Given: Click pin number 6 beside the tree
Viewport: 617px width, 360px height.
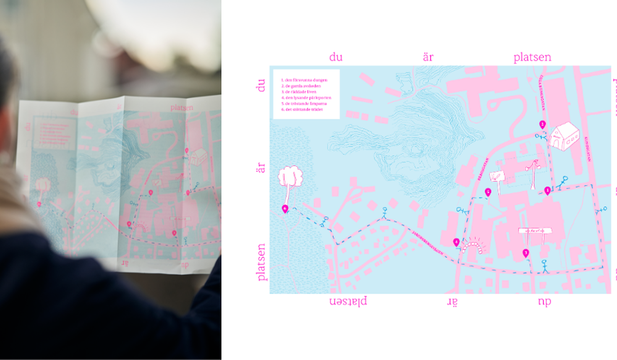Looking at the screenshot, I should (x=285, y=209).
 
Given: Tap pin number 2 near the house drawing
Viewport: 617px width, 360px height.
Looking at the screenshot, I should (x=542, y=125).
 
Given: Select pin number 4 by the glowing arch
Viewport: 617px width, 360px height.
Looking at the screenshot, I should (x=457, y=242).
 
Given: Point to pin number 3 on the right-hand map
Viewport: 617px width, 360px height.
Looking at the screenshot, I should (x=526, y=253).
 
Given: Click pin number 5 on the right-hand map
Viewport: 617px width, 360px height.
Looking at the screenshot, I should (x=488, y=192).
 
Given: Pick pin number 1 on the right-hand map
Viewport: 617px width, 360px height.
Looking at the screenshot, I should (x=547, y=191).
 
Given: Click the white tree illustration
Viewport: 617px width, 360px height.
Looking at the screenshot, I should (x=290, y=177).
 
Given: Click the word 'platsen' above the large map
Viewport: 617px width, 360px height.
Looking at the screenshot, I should (x=532, y=58).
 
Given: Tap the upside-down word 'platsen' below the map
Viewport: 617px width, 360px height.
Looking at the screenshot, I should (x=348, y=301).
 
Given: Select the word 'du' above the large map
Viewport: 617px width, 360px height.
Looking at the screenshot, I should (x=336, y=57).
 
